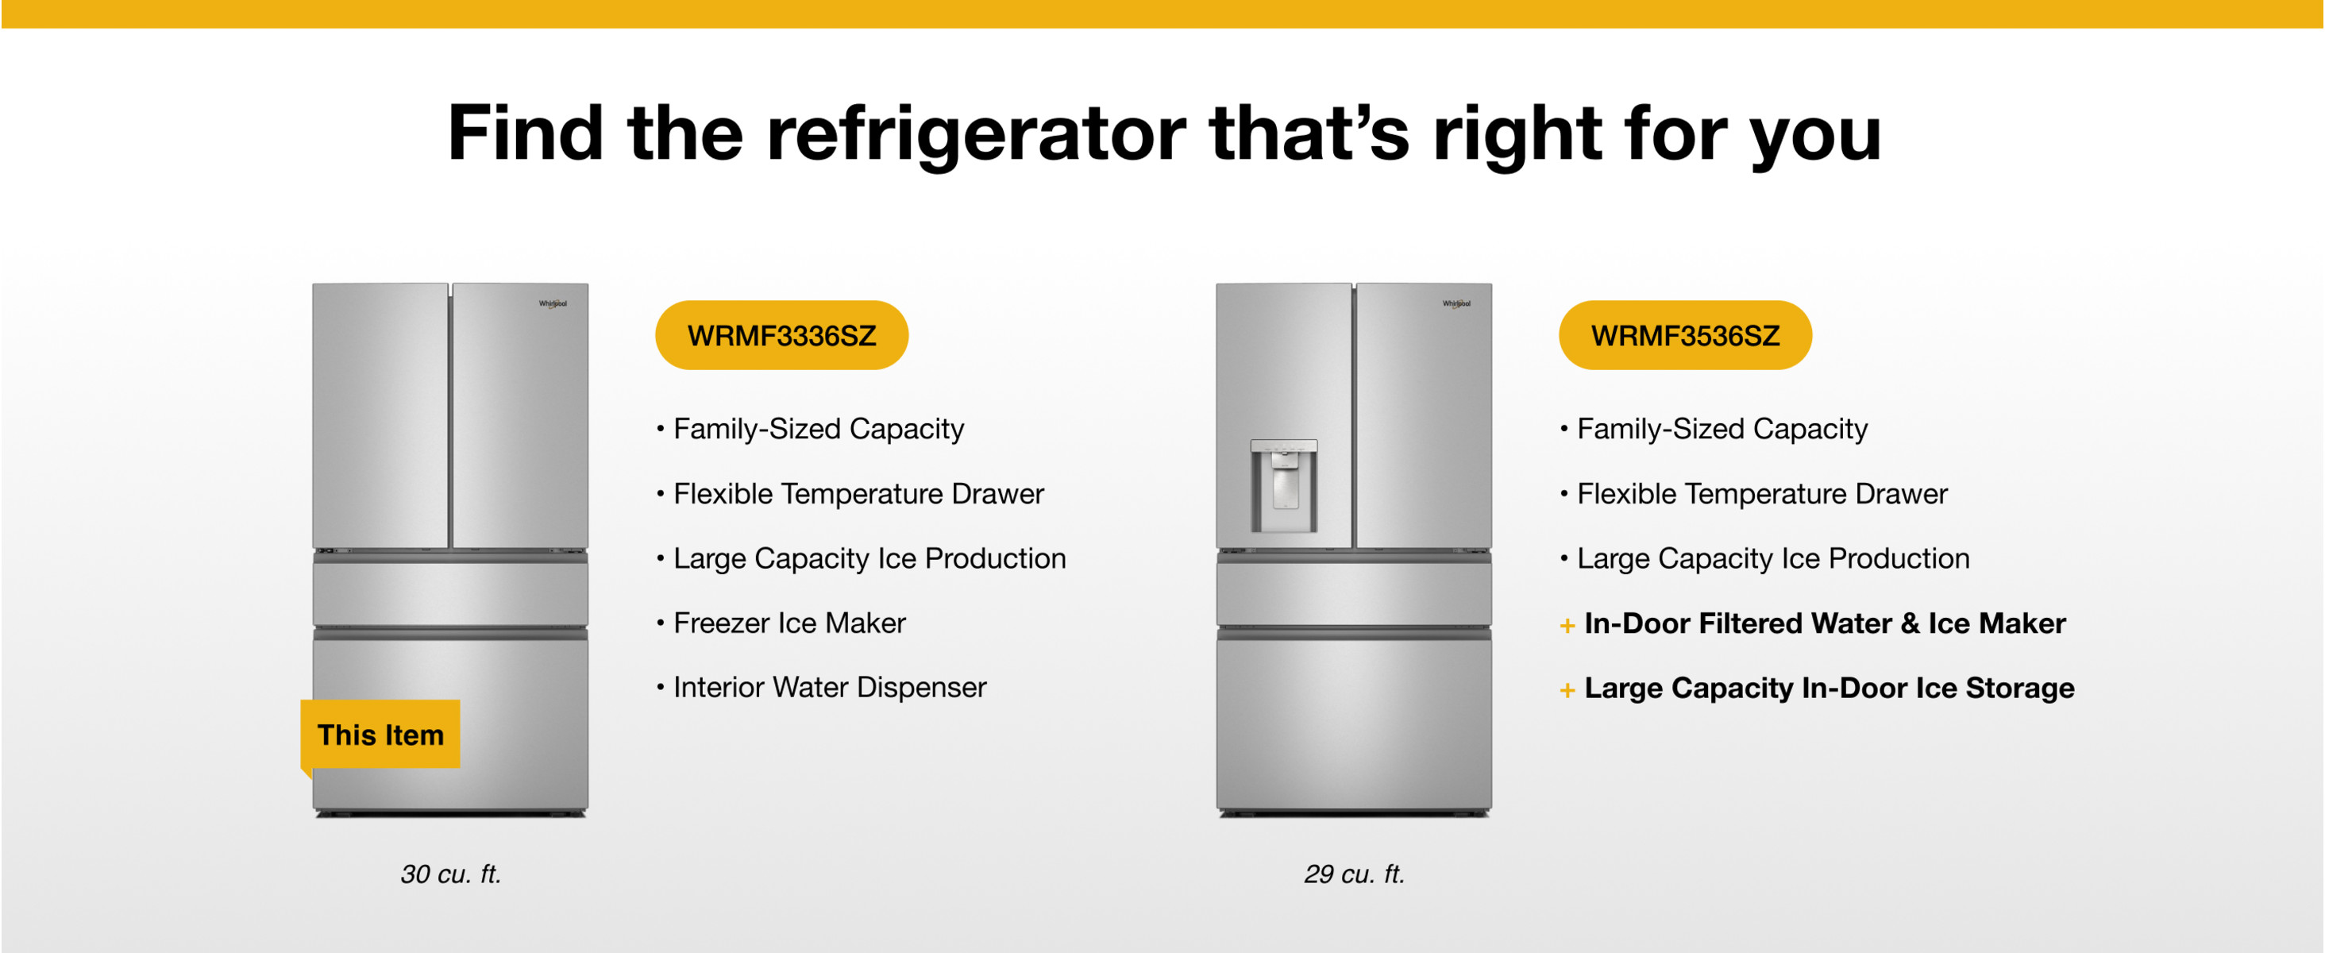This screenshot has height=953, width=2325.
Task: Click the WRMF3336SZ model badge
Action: pos(781,335)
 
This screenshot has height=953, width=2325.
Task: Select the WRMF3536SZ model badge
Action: pos(1685,335)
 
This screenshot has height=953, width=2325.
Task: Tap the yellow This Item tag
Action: pos(380,735)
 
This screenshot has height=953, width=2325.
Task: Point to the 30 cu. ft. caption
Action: pos(450,874)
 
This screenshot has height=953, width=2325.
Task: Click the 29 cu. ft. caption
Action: pos(1354,874)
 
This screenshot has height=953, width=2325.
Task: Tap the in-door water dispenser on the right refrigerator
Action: pos(1283,485)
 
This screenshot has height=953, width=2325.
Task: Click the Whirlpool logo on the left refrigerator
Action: pos(553,303)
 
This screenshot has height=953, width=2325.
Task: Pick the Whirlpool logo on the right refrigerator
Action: pos(1456,303)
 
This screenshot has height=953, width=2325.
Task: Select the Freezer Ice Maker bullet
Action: pos(781,623)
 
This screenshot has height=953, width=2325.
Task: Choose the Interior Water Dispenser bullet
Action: pos(821,687)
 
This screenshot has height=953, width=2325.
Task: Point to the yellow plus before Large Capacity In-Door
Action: pos(1567,690)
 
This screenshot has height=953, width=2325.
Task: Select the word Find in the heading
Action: pos(526,133)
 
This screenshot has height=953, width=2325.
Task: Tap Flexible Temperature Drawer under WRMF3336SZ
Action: pos(858,494)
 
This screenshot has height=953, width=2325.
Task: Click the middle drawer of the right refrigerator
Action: pos(1354,594)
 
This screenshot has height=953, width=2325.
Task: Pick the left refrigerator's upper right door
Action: pos(520,415)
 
